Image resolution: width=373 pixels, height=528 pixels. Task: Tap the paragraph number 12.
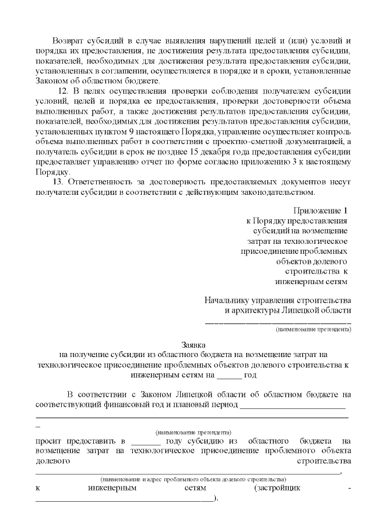click(x=65, y=92)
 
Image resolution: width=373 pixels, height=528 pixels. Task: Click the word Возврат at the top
click(x=68, y=40)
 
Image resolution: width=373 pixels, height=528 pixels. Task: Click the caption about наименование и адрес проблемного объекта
click(x=192, y=478)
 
